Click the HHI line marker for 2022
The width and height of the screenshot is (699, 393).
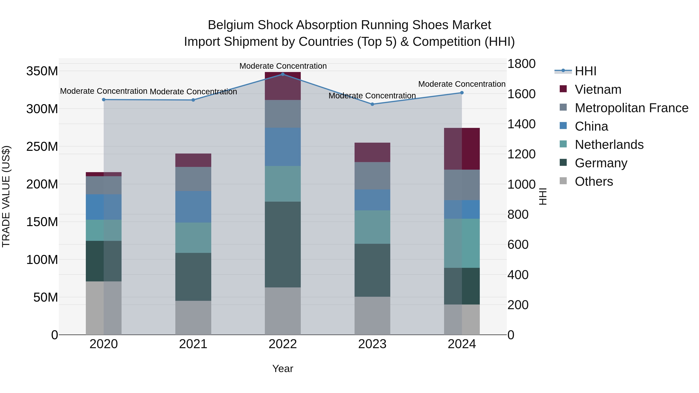pos(283,74)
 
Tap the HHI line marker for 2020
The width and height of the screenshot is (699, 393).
pos(104,100)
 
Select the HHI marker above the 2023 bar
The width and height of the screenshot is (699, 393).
pos(372,104)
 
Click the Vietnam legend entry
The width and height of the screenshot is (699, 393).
pos(598,89)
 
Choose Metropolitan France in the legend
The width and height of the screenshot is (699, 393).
pos(631,108)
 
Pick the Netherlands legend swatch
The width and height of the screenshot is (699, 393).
pos(563,144)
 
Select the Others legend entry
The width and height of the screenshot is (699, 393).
pos(594,181)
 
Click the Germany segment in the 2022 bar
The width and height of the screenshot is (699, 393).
pos(283,244)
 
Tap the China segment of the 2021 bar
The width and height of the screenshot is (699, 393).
pos(193,207)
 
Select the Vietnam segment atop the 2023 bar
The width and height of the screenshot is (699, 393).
pos(372,152)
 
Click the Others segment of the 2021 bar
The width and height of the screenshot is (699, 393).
pos(193,317)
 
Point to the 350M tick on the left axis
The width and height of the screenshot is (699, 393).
pos(42,71)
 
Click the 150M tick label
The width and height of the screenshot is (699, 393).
pos(42,222)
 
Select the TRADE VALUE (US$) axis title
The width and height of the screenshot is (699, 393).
pos(6,196)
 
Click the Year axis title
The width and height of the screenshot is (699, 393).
pos(283,369)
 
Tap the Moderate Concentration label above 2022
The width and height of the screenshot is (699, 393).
pos(283,66)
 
